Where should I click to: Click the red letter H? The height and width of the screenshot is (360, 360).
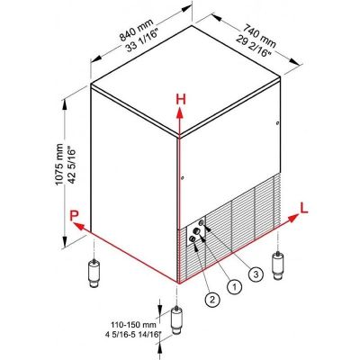tap(180, 98)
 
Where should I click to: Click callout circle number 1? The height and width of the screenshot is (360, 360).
tap(235, 286)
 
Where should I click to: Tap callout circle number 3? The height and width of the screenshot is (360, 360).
tap(256, 274)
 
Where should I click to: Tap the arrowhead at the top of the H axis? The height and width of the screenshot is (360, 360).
tap(180, 113)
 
